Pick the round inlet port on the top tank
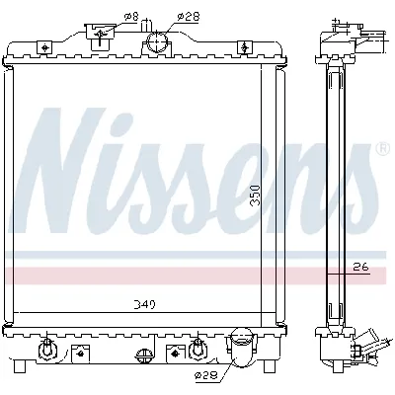[x=157, y=41]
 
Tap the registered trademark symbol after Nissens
[x=382, y=149]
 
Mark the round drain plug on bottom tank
[x=144, y=355]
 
